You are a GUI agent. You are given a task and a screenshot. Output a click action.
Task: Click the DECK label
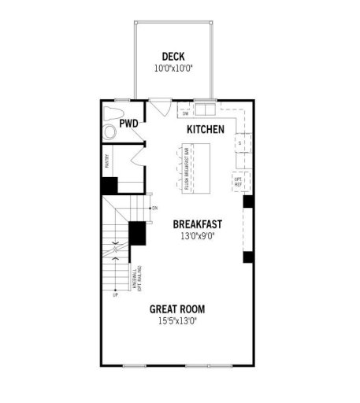coord(173,56)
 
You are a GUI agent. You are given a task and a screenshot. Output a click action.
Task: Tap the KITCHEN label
coord(206,128)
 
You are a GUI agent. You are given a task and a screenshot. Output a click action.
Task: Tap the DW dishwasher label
coord(184,113)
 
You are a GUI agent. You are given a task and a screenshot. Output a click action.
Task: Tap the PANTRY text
coord(106,161)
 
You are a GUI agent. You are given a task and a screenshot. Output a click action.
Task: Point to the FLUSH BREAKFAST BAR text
coord(187,169)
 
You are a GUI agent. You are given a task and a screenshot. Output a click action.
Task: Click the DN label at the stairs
coord(154,208)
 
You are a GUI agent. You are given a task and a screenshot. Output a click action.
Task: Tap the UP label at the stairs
coord(115,294)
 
